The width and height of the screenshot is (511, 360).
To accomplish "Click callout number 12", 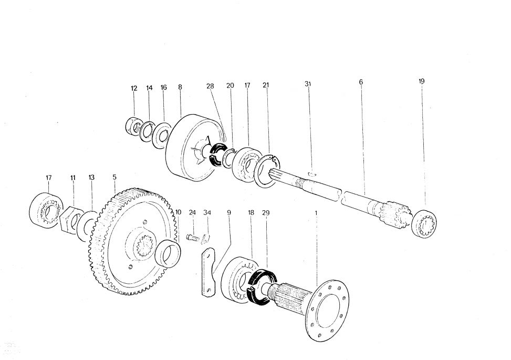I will (134, 88).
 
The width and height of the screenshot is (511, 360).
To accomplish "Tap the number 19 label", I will (422, 81).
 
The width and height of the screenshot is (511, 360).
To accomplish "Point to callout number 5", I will (114, 178).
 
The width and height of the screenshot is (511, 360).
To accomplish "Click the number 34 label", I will (207, 213).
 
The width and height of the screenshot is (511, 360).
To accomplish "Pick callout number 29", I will (266, 213).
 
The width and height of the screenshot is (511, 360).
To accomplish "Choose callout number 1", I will (316, 213).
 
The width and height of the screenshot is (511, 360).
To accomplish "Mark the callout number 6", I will (361, 82).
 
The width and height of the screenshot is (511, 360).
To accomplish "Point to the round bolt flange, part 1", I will (329, 310).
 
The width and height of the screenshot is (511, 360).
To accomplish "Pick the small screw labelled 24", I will (193, 238).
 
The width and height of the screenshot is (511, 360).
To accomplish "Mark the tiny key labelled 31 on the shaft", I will (311, 172).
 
